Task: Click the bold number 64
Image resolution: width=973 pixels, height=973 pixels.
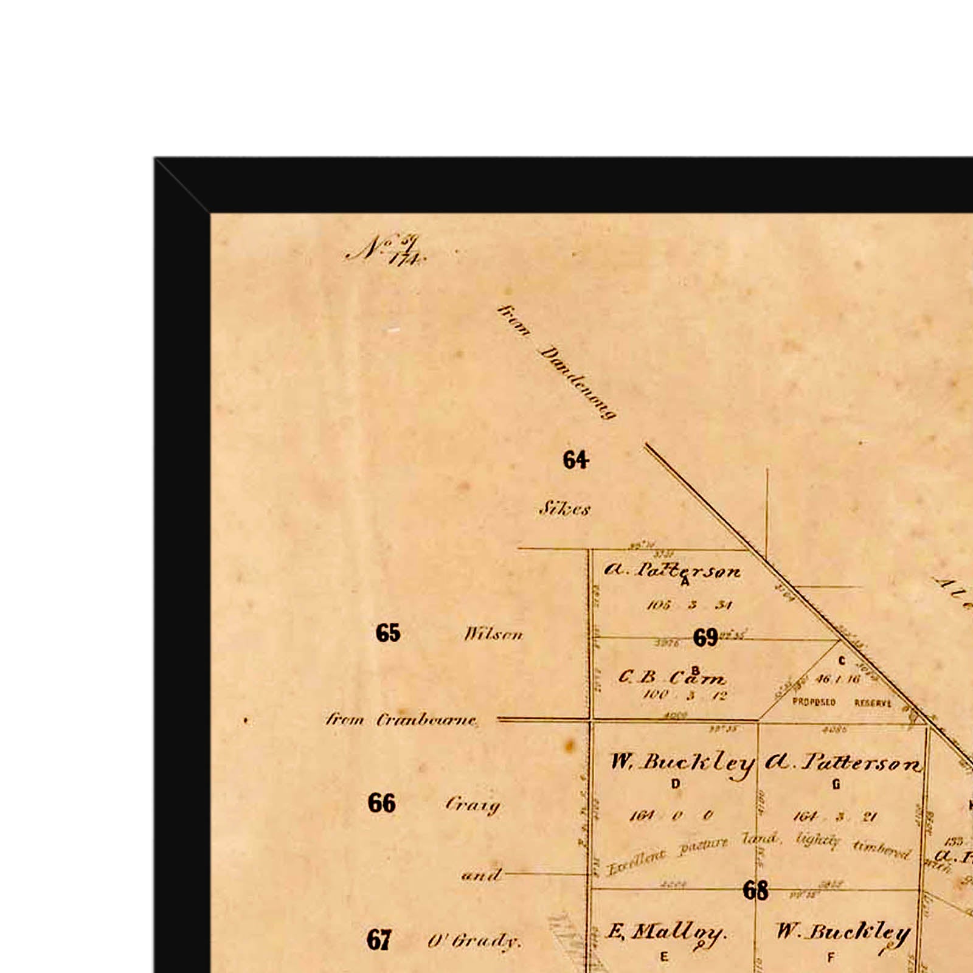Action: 575,460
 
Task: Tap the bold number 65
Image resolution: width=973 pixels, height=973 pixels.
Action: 388,633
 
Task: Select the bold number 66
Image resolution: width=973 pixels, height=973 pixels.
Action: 382,803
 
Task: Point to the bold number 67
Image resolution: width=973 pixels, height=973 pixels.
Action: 378,940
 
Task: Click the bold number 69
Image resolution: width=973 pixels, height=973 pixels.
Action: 705,638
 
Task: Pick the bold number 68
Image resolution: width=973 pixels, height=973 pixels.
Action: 755,891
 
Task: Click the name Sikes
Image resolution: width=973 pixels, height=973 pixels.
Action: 564,508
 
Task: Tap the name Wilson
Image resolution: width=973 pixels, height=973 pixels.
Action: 493,635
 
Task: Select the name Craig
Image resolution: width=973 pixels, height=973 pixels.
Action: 473,805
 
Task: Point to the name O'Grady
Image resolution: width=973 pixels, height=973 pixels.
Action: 474,941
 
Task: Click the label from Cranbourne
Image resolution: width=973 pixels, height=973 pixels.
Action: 401,720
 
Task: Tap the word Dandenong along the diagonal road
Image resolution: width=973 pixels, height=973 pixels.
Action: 578,383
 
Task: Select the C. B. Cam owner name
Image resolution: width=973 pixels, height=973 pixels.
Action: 671,677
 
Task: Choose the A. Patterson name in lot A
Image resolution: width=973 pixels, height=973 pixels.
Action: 673,570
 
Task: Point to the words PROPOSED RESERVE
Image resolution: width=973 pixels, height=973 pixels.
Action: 842,702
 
